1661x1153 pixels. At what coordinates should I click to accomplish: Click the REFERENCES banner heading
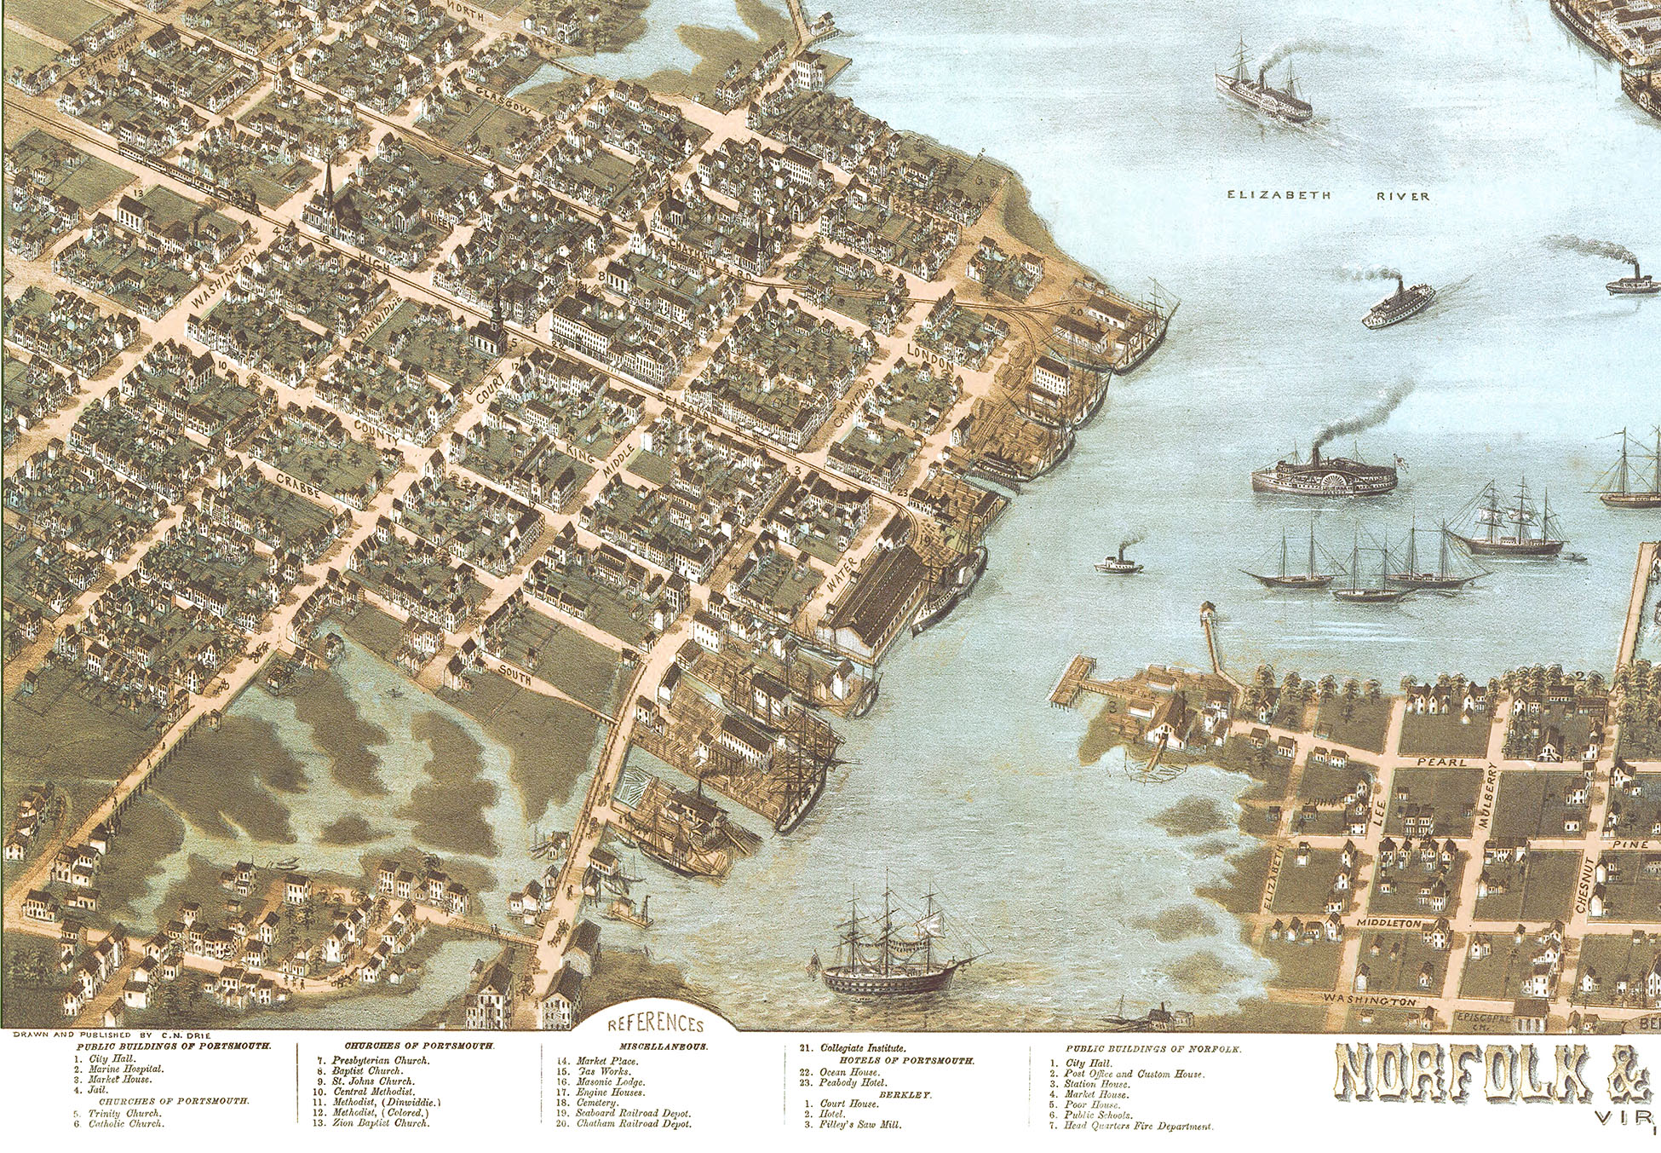tap(656, 1023)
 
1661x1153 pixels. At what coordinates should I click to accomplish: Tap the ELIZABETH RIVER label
tap(1327, 196)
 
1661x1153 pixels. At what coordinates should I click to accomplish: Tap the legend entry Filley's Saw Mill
tap(860, 1124)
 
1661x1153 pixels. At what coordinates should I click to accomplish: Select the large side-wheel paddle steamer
tap(1323, 474)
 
